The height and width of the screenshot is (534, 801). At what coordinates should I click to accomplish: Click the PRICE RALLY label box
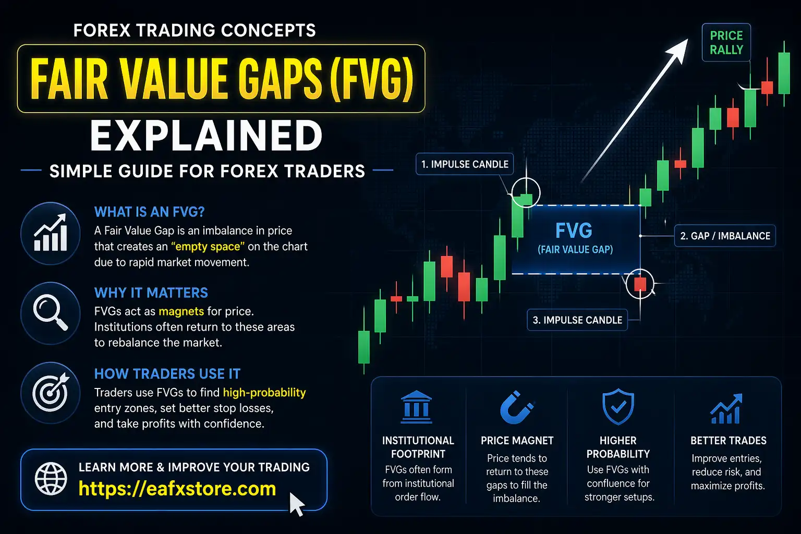(x=726, y=43)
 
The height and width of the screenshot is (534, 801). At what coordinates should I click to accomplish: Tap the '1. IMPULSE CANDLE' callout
(x=465, y=164)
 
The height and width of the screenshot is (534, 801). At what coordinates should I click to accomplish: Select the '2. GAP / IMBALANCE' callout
(x=725, y=236)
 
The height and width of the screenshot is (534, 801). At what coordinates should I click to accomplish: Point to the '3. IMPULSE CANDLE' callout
(x=577, y=320)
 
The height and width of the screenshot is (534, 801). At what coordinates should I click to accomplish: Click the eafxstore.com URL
(x=177, y=489)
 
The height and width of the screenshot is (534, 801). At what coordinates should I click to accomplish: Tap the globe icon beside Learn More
(x=51, y=478)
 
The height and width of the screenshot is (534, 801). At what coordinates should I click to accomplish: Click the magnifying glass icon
(x=50, y=313)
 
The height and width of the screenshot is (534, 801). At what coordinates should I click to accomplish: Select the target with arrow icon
(x=50, y=392)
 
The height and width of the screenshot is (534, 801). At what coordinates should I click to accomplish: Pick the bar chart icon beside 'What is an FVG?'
(x=50, y=232)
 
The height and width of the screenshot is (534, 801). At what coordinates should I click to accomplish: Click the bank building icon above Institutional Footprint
(x=417, y=407)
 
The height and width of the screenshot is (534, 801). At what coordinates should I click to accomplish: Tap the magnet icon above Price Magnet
(x=516, y=407)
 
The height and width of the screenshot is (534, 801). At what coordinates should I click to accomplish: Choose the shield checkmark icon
(x=618, y=407)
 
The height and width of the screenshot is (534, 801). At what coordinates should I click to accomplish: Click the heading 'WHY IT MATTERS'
(x=151, y=293)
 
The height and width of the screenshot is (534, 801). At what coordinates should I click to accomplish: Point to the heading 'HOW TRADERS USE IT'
(x=167, y=374)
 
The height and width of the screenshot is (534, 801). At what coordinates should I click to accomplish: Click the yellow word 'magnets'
(x=181, y=312)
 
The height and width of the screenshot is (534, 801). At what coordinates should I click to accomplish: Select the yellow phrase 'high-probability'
(x=264, y=393)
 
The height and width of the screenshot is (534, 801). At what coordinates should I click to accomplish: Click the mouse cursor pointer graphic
(x=296, y=504)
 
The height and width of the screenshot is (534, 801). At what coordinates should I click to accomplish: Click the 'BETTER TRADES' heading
(x=728, y=441)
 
